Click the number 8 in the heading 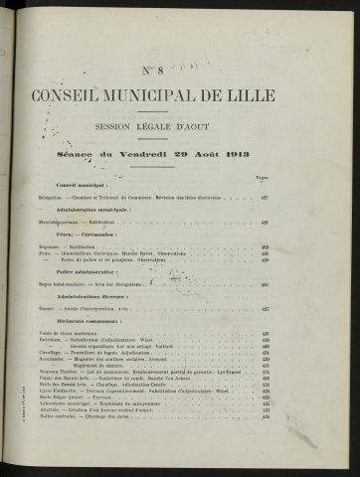[x=187, y=68]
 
